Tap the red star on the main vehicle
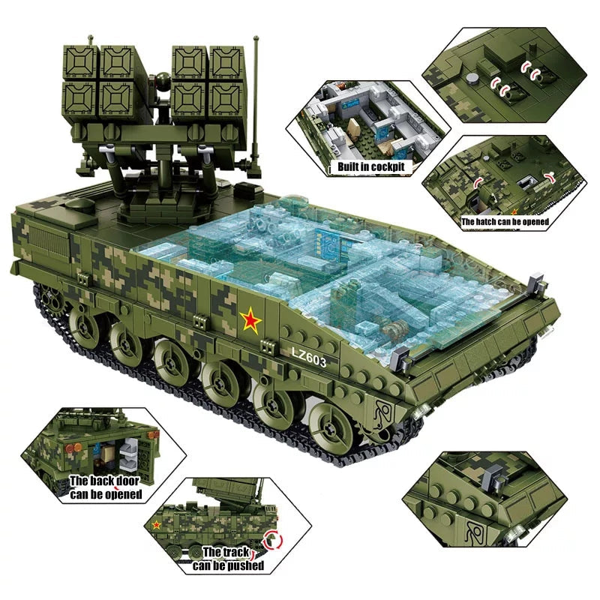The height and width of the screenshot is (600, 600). (x=250, y=322)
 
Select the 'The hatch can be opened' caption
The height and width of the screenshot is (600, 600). (x=505, y=221)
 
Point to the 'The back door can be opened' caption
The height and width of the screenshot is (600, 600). (x=106, y=487)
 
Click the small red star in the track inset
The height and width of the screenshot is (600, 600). (x=157, y=524)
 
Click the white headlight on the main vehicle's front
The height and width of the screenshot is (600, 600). (x=424, y=408)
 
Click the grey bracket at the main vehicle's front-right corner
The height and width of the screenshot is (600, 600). (x=535, y=284)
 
